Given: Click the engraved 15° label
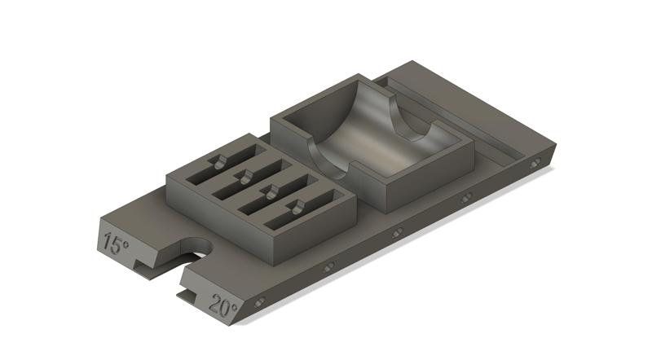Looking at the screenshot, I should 117,243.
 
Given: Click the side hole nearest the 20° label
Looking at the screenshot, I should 260,303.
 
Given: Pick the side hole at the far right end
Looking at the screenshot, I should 535,164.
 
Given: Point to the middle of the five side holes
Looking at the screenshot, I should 397,233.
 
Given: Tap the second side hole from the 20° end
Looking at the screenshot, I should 328,267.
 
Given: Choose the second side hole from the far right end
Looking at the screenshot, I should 465,198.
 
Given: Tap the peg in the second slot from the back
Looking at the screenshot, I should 243,174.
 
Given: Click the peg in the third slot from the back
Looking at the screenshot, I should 269,191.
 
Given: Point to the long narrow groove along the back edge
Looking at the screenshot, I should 456,114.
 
